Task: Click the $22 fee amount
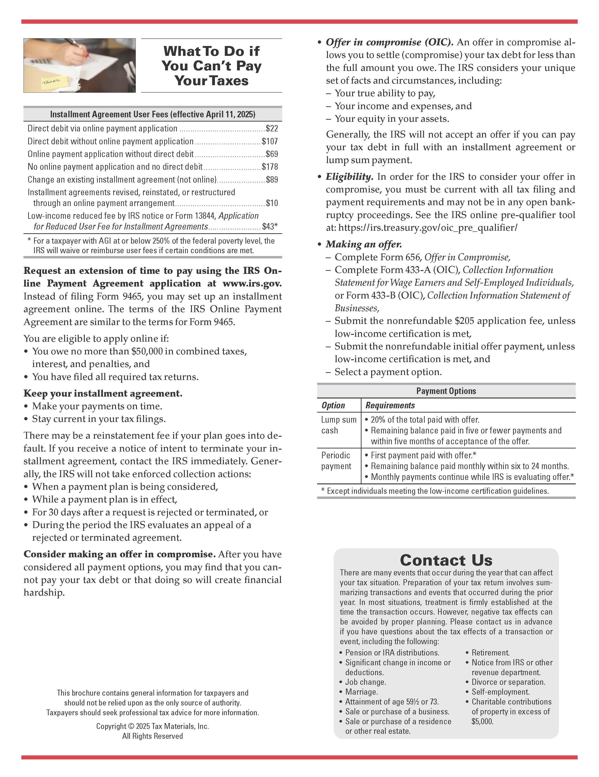pos(272,128)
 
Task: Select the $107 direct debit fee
pos(270,141)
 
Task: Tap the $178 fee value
pos(270,167)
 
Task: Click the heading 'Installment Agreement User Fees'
pos(152,114)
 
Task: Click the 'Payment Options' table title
pos(446,391)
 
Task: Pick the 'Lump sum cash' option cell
pos(338,425)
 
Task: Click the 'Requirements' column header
pos(390,405)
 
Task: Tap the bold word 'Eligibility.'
pos(349,177)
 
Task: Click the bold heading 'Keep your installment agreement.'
pos(103,394)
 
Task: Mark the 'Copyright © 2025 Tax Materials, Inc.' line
pos(152,726)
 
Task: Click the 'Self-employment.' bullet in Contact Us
pos(500,692)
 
